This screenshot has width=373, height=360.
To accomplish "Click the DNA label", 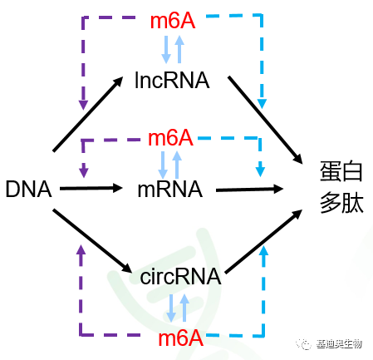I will [28, 190].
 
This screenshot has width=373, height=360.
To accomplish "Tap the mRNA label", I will [169, 190].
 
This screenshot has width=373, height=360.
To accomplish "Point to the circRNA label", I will [180, 277].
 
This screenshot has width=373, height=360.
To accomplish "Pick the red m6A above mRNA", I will [170, 136].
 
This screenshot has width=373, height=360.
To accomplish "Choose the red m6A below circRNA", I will [181, 338].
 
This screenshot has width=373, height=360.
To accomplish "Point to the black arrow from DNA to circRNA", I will [91, 240].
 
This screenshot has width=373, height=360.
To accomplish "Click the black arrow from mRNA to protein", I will [258, 190].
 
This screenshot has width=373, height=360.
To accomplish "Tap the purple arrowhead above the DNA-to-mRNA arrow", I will [82, 171].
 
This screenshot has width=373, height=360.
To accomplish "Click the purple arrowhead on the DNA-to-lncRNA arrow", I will [82, 105].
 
